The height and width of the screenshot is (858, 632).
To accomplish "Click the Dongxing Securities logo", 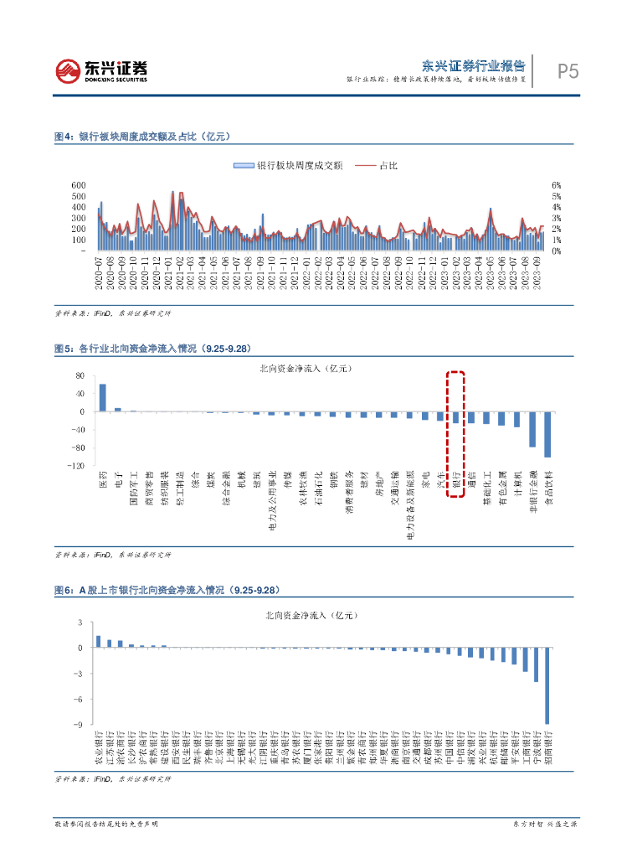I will pos(100,70).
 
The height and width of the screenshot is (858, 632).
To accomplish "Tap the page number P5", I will pos(568,71).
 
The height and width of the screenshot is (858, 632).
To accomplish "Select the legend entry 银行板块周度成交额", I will pos(281,166).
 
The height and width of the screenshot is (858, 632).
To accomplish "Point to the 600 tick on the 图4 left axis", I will pos(79,184).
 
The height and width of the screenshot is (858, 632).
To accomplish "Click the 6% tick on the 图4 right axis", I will pos(555,184).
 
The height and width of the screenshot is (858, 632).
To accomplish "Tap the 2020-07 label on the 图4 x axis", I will pos(100,272).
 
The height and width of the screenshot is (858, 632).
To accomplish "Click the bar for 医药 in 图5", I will pos(103,398).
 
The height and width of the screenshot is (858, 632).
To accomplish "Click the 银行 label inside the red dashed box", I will pos(456,483).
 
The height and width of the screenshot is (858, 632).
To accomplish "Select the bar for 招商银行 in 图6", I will pos(547,685).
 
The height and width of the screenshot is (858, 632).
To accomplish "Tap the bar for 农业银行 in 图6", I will pos(99,641).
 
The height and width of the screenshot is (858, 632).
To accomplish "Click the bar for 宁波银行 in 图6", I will pos(536,664).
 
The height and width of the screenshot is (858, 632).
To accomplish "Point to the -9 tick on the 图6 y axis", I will pos(80,724).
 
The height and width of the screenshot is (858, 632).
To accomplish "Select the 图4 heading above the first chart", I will pos(141,136).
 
